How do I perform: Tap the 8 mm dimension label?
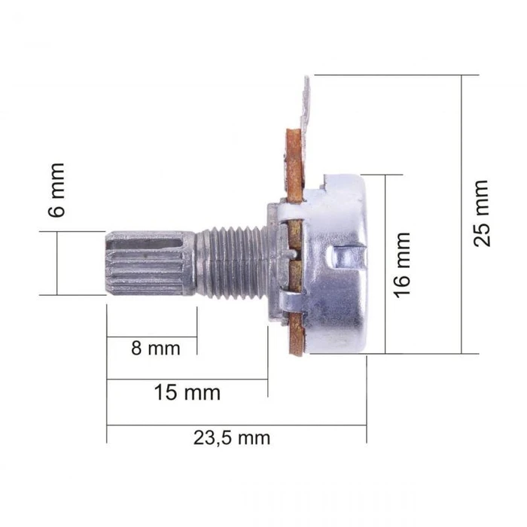point(156,349)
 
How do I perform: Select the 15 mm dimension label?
point(187,392)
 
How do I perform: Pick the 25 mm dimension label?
point(481,213)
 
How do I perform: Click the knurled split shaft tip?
point(147,263)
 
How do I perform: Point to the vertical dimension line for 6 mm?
point(57,263)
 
